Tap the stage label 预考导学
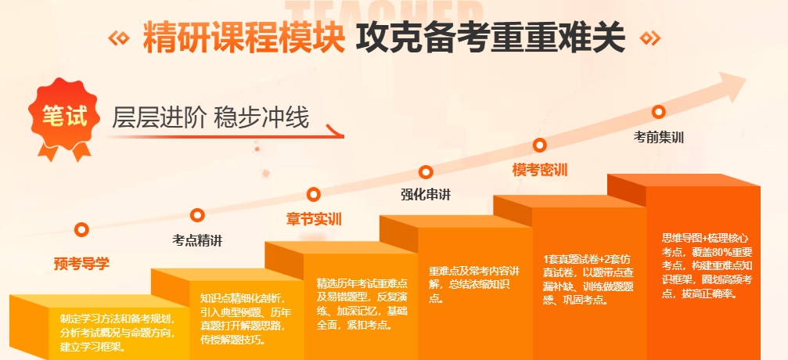81,264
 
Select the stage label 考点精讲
197,241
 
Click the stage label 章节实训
314,220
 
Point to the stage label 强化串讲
426,195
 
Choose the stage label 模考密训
540,170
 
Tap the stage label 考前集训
658,137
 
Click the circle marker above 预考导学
81,230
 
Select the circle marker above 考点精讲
197,215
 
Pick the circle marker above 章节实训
314,194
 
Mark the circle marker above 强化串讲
426,172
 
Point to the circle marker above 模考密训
540,146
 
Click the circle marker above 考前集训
658,112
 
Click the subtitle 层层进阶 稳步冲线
210,119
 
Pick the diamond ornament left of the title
119,38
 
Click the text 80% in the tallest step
717,251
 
